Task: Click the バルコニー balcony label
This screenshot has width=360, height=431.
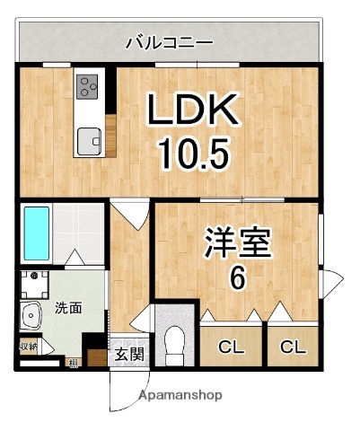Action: pyautogui.click(x=169, y=41)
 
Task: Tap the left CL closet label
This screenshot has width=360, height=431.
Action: pyautogui.click(x=231, y=346)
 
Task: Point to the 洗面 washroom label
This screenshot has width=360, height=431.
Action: pyautogui.click(x=66, y=308)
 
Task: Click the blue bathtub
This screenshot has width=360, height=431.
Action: pyautogui.click(x=36, y=232)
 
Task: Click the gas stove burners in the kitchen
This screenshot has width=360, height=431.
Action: pyautogui.click(x=87, y=87)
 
